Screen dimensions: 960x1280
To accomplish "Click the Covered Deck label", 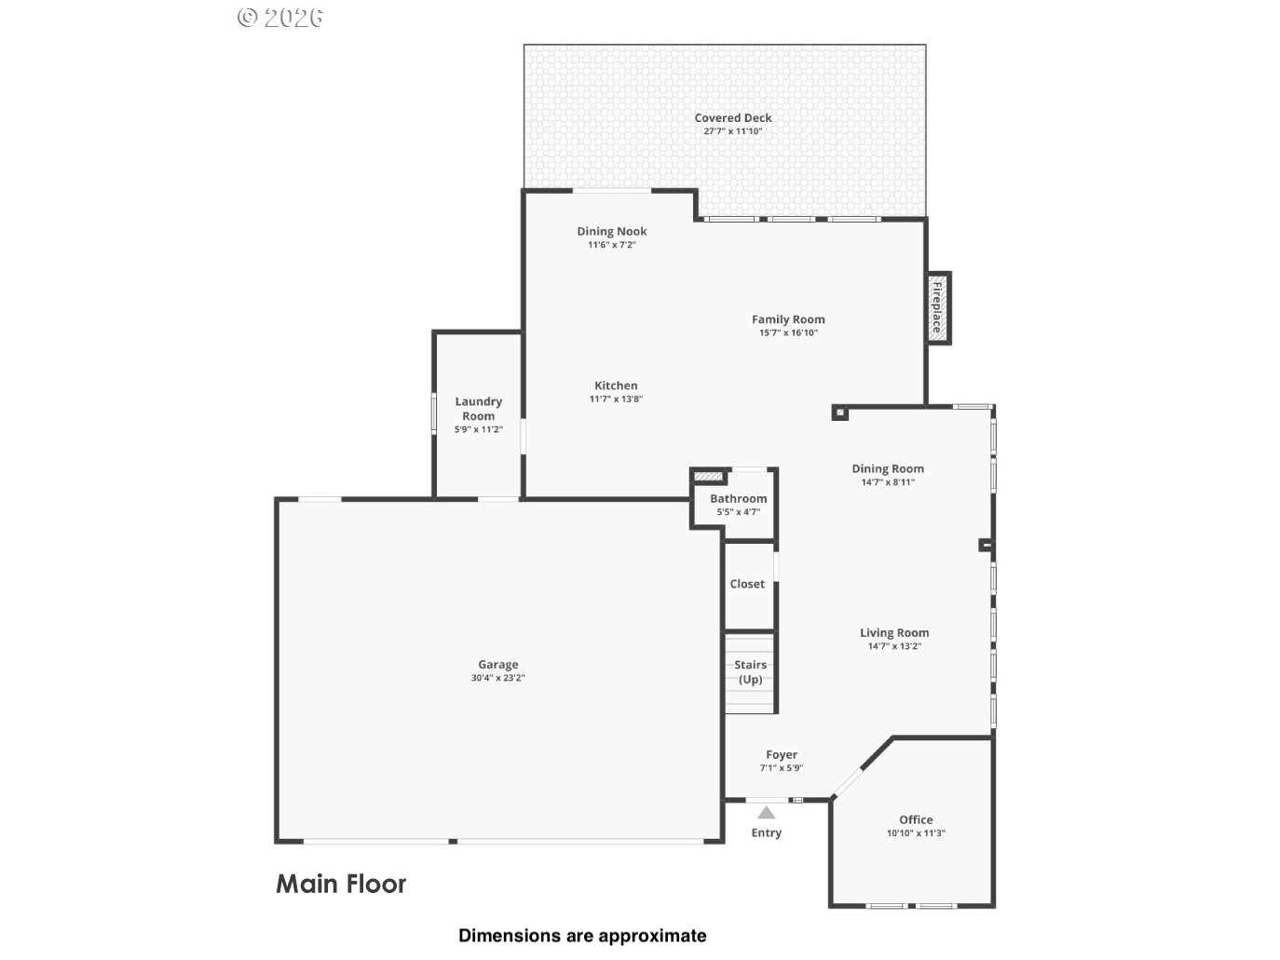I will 732,118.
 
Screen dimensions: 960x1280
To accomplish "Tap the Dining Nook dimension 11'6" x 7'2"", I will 611,245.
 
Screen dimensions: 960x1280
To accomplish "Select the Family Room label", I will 788,319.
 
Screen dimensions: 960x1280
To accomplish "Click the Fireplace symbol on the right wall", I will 938,308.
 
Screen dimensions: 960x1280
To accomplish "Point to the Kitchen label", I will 616,385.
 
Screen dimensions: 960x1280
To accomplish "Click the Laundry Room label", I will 478,409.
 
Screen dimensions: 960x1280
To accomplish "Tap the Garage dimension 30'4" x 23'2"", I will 497,678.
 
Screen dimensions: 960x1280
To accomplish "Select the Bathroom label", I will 738,499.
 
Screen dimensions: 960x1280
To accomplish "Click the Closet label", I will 747,584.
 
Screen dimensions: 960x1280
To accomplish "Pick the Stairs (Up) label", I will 750,671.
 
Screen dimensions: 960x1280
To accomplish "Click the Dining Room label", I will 888,469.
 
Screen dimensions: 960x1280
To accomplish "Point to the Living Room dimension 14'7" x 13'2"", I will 894,646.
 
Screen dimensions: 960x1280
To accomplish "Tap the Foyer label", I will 782,755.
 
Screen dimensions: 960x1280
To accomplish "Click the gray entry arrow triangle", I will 766,813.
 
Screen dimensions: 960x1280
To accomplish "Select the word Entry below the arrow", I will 766,832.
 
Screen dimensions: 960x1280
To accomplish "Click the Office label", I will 916,819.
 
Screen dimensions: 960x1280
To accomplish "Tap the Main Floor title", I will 341,884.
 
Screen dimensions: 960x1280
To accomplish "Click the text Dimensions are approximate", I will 582,936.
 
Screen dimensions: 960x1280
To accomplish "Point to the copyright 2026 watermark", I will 280,17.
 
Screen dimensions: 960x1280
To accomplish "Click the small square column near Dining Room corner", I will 840,412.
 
